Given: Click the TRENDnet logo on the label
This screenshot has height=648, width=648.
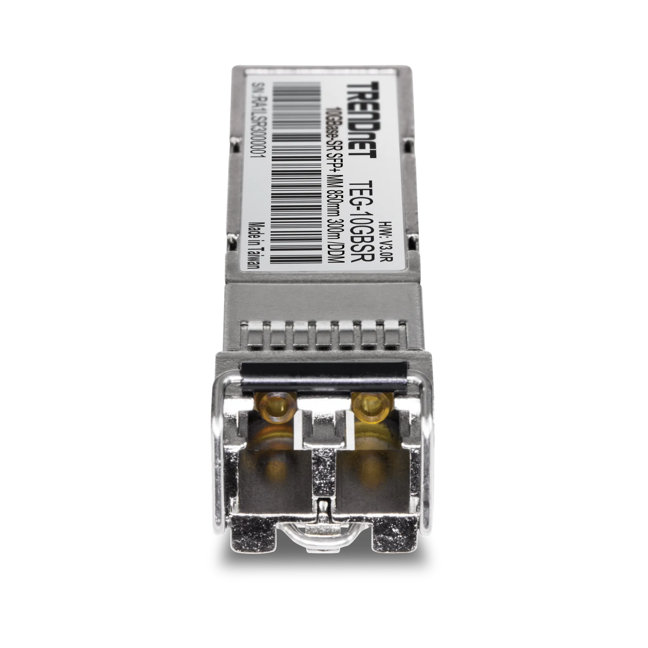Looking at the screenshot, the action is pyautogui.click(x=362, y=119).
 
